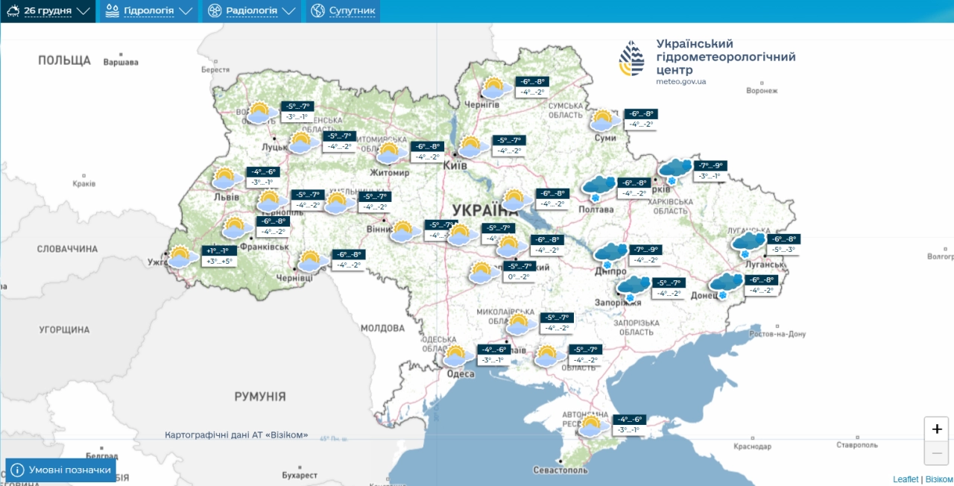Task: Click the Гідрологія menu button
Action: [x=149, y=11]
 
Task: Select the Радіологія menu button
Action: [x=252, y=11]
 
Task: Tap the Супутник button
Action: [x=343, y=11]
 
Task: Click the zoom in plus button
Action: [x=936, y=429]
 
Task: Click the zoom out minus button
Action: [x=936, y=452]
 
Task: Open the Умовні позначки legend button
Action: [x=61, y=470]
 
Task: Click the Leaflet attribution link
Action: [x=906, y=479]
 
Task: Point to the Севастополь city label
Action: [x=560, y=470]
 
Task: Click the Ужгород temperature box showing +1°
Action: [x=219, y=251]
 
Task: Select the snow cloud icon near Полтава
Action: [x=598, y=187]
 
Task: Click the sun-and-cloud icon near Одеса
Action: [x=458, y=356]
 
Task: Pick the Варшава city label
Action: [x=121, y=63]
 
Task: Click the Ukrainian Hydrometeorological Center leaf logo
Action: [x=632, y=58]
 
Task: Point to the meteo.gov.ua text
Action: [x=681, y=81]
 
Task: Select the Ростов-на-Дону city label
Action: [x=777, y=334]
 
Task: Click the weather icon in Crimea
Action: [x=591, y=426]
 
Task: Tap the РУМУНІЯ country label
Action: [x=259, y=397]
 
